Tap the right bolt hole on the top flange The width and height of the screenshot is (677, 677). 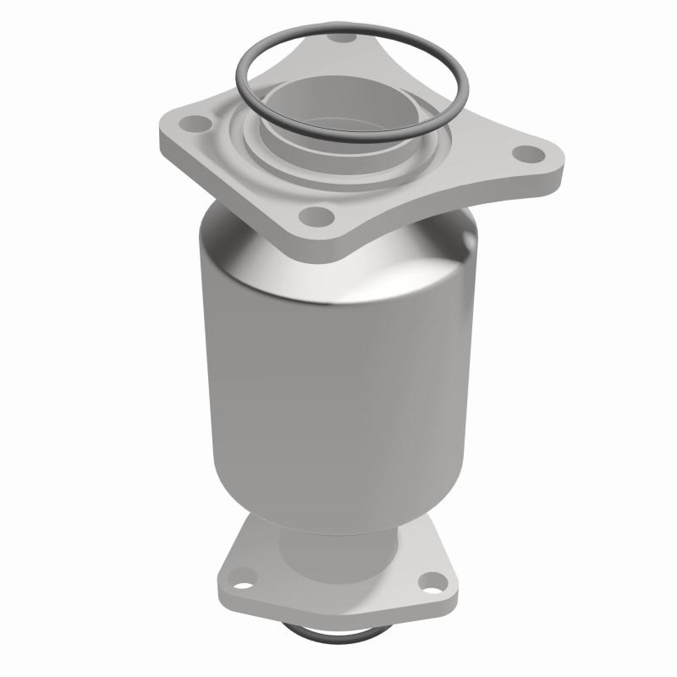point(528,154)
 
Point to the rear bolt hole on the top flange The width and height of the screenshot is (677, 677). point(342,37)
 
